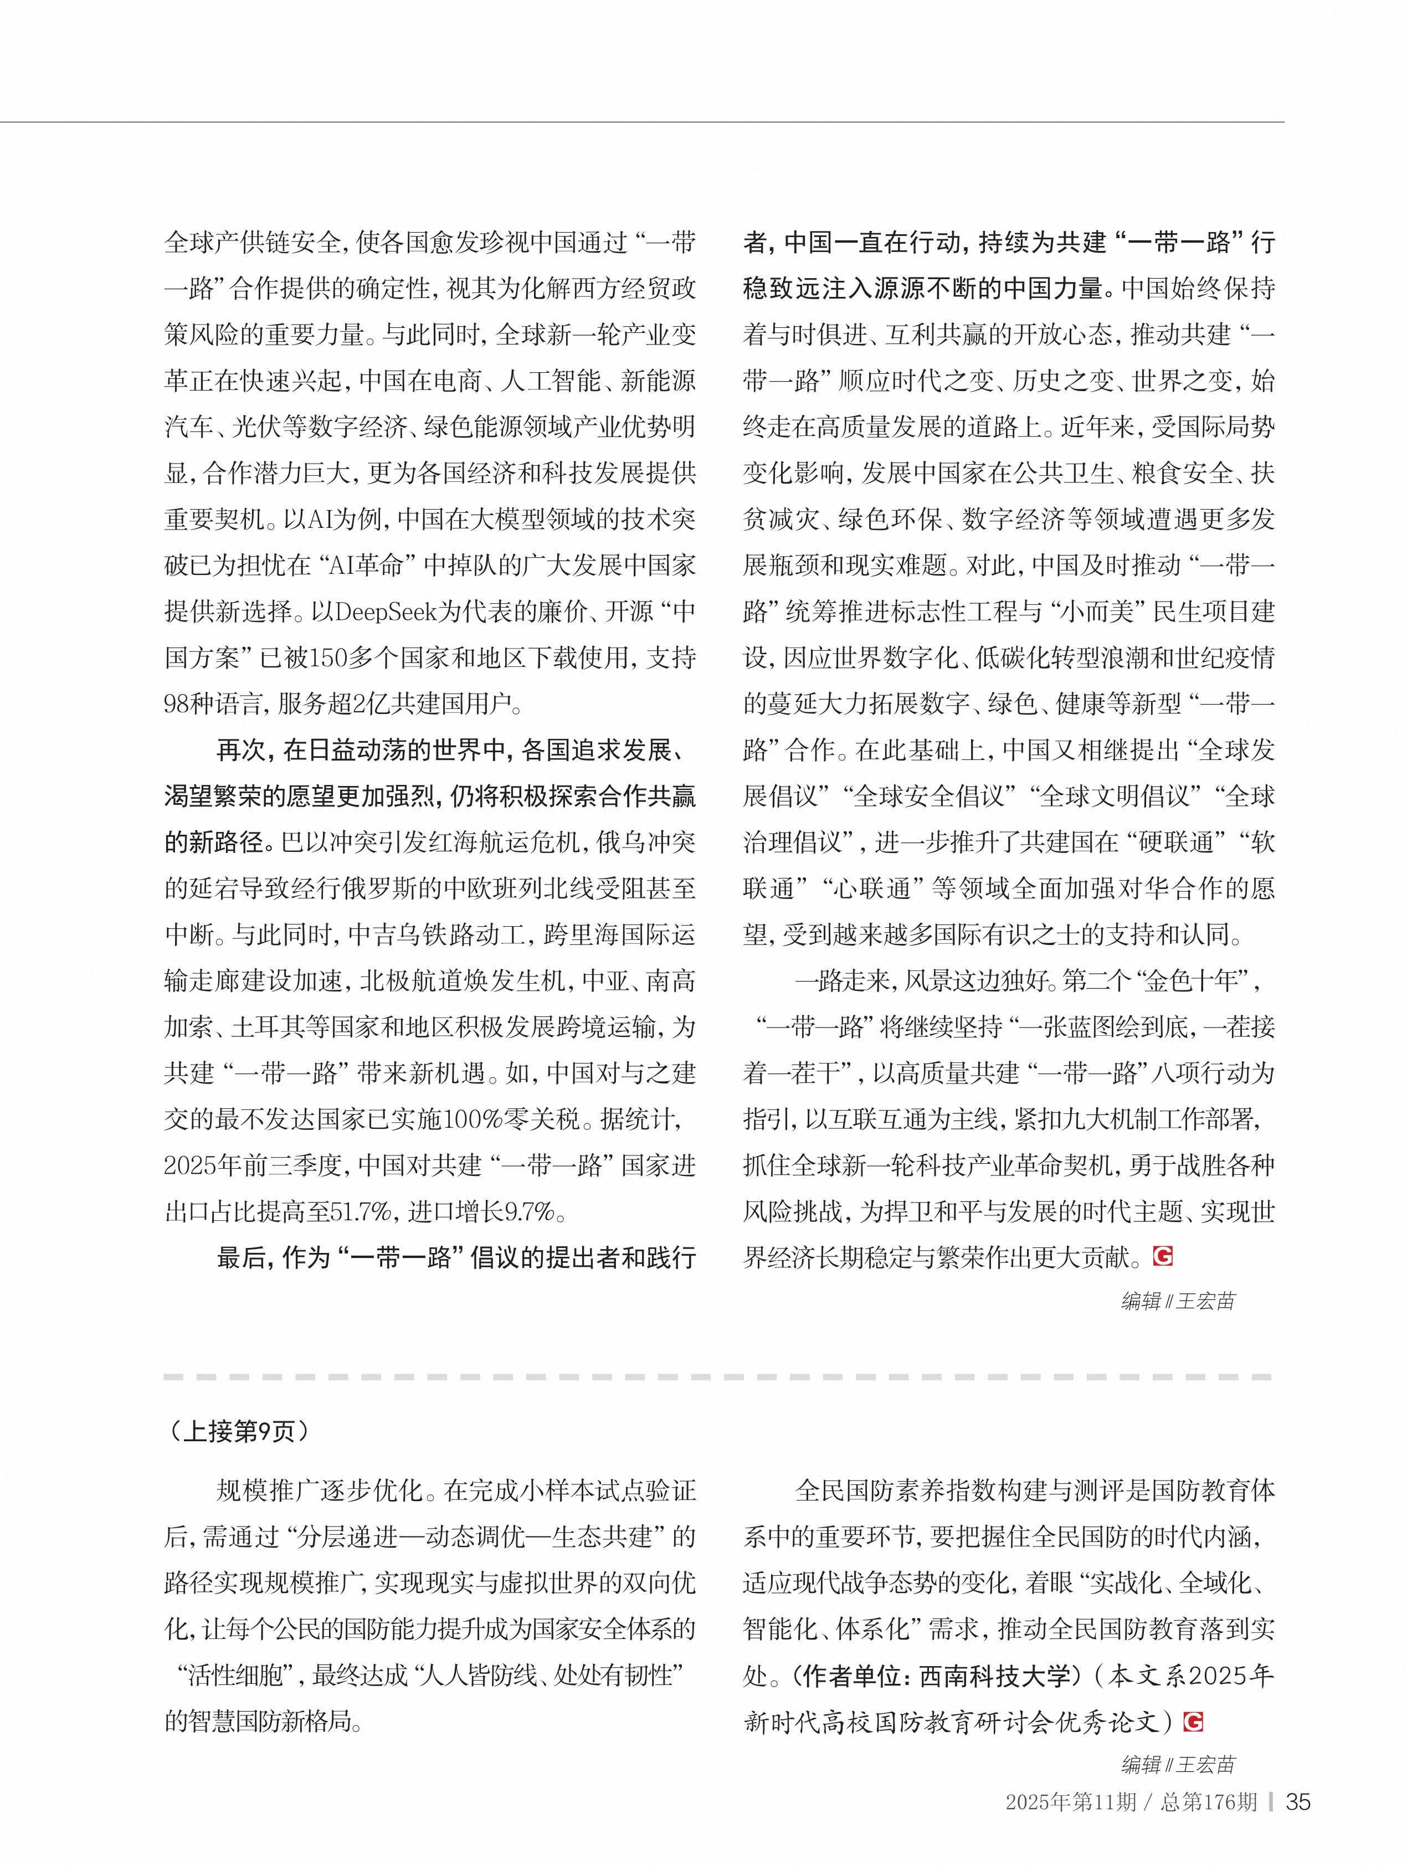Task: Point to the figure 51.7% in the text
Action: click(362, 1212)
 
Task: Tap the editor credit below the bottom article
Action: click(1178, 1764)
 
